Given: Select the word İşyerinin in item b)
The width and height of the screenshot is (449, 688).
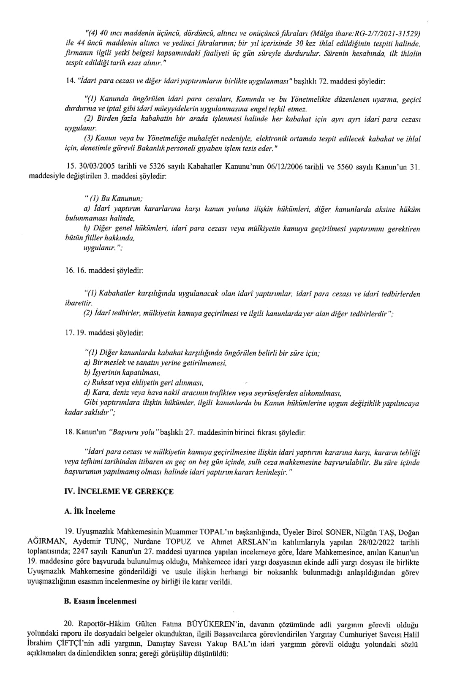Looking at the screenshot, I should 105,373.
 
